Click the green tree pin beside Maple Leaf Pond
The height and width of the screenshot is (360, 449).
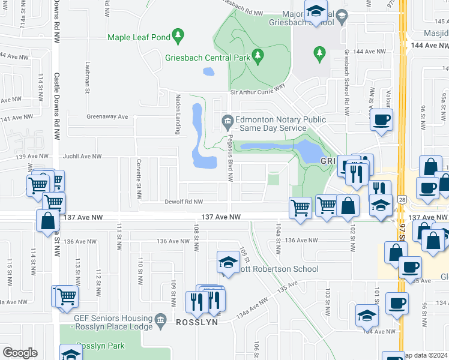[178, 37]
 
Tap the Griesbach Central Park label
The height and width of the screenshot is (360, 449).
[206, 58]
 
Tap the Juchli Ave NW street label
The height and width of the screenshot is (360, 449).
[82, 156]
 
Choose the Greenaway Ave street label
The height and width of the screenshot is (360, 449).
[91, 116]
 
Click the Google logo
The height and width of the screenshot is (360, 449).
[19, 353]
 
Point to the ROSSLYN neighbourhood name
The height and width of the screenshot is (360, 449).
[196, 322]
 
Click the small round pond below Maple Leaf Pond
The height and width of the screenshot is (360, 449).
[208, 72]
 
